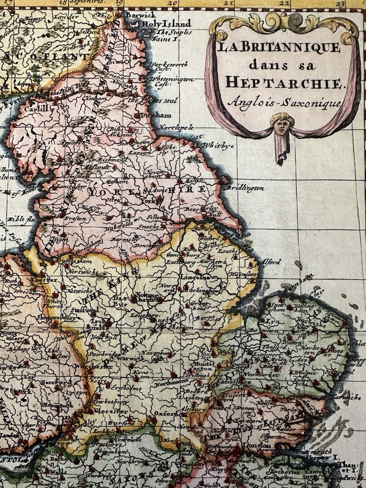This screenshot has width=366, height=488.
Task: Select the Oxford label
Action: click(x=166, y=414)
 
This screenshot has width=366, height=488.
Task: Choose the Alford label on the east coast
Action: click(x=271, y=262)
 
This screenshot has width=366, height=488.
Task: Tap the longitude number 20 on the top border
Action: click(x=173, y=4)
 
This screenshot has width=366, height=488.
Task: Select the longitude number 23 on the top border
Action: click(x=339, y=4)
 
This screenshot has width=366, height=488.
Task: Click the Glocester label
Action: click(x=111, y=410)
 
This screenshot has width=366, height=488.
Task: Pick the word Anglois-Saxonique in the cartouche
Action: click(x=284, y=102)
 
